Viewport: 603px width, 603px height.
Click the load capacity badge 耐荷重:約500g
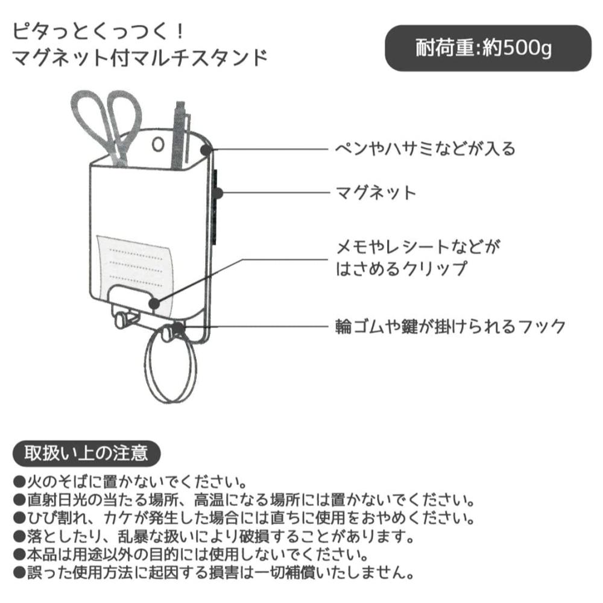pyautogui.click(x=488, y=48)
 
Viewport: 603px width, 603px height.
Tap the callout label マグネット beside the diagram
pyautogui.click(x=376, y=192)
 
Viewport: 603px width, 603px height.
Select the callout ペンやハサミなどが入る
pyautogui.click(x=425, y=148)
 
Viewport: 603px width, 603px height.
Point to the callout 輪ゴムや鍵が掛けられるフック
pyautogui.click(x=450, y=326)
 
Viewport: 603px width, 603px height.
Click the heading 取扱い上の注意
pyautogui.click(x=86, y=453)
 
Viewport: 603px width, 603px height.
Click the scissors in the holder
pyautogui.click(x=107, y=127)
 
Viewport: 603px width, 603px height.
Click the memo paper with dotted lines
pyautogui.click(x=134, y=269)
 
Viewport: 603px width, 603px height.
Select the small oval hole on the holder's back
pyautogui.click(x=158, y=145)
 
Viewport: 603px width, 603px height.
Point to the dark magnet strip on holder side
pyautogui.click(x=215, y=206)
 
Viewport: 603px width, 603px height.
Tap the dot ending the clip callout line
pyautogui.click(x=154, y=304)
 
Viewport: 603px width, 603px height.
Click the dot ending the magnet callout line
pyautogui.click(x=218, y=193)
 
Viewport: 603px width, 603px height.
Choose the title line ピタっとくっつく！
pyautogui.click(x=99, y=31)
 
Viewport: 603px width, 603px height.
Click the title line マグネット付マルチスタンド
pyautogui.click(x=140, y=58)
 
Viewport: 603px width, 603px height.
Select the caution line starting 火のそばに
pyautogui.click(x=130, y=481)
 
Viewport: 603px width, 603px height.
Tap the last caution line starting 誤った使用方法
pyautogui.click(x=214, y=573)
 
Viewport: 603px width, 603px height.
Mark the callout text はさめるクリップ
pyautogui.click(x=402, y=269)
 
